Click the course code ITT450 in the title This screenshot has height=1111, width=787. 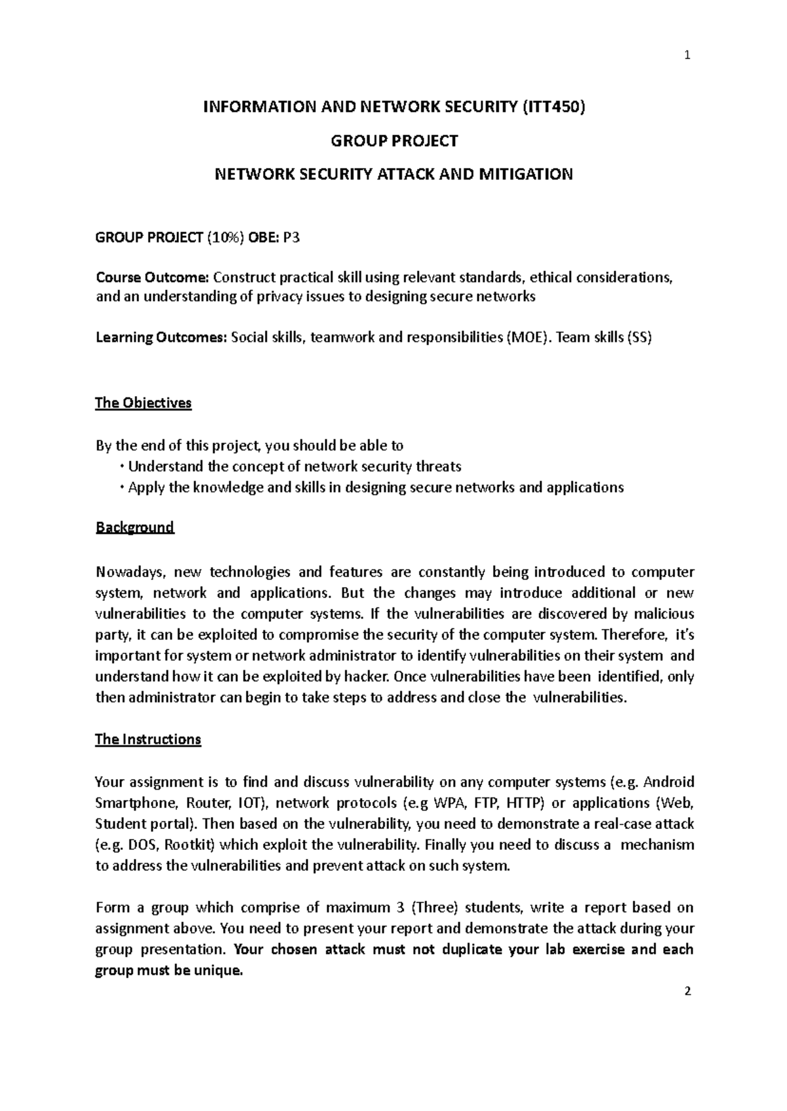[x=552, y=107]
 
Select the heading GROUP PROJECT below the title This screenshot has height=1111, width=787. [x=393, y=140]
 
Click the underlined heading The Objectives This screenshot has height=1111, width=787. [x=143, y=403]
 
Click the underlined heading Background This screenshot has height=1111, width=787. [x=134, y=527]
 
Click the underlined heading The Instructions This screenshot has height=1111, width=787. [x=148, y=739]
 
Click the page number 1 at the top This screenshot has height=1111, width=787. [x=687, y=56]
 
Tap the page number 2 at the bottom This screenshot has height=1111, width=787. [x=687, y=992]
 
